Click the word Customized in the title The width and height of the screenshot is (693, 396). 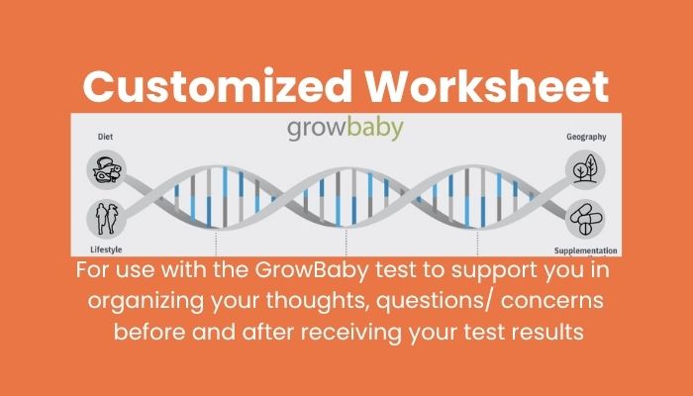point(217,86)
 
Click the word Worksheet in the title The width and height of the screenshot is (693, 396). point(487,86)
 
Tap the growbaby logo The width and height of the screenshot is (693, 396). point(346,129)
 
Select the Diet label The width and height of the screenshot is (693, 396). point(105,137)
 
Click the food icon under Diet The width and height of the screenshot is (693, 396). point(107,169)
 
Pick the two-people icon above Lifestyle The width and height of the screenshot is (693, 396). point(107,219)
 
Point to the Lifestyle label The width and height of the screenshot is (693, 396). point(106,249)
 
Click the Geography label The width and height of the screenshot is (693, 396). point(586,137)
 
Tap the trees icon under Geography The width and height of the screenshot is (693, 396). point(585,169)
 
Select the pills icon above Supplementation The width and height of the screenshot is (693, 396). point(585,219)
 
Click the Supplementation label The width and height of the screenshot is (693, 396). point(586,250)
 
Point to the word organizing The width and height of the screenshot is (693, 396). point(146,301)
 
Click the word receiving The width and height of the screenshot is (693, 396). point(351,332)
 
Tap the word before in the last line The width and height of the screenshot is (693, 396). point(149,332)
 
